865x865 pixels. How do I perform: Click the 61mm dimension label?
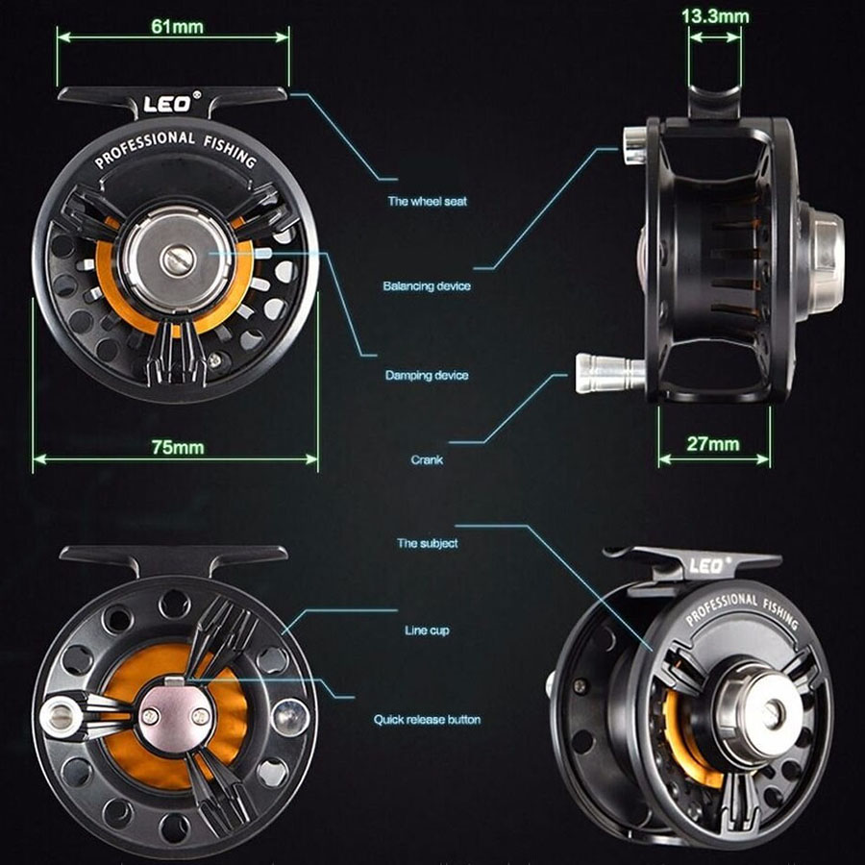(178, 26)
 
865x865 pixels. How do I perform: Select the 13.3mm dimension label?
(715, 16)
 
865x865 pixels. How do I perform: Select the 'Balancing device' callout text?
(427, 286)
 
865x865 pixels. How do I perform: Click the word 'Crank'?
(427, 460)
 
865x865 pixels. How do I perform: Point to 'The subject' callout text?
(427, 544)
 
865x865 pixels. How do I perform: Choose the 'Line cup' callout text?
(427, 630)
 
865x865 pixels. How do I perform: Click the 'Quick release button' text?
(427, 719)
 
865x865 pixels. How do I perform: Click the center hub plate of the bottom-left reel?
(174, 715)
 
